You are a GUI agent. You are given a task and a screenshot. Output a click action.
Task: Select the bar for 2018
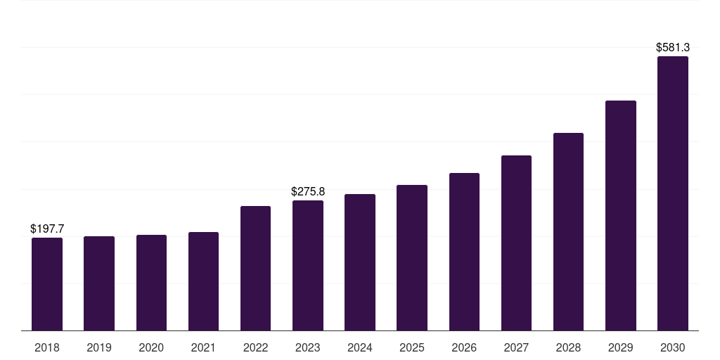pos(47,284)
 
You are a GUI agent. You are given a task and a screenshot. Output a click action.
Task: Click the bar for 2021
pos(203,281)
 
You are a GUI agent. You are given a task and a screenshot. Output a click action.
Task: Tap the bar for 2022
pos(255,268)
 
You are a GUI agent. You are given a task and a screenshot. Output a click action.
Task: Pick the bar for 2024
pos(360,262)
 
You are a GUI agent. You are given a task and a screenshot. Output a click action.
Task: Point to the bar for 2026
pos(464,252)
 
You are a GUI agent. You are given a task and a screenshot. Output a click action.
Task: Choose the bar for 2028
pos(568,232)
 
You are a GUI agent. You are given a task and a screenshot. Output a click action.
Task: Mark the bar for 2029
pos(621,215)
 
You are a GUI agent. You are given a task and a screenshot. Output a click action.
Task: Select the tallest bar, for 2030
pos(673,193)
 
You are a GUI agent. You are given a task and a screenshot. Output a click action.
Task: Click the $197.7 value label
pos(47,229)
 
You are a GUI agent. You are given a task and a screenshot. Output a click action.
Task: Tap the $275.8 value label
pos(308,191)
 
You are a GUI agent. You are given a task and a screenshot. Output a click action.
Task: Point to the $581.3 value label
pos(673,47)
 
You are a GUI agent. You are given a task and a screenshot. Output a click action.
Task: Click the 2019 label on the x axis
pos(99,348)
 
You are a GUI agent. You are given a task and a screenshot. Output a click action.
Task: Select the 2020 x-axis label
pos(151,348)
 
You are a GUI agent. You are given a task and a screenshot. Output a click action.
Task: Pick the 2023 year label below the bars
pos(308,348)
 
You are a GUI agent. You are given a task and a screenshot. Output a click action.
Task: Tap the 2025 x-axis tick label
pos(412,348)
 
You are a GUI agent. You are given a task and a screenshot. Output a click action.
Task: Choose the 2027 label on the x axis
pos(516,348)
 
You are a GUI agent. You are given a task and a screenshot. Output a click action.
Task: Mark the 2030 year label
pos(673,348)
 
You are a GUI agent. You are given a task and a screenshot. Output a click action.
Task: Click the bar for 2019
pos(99,283)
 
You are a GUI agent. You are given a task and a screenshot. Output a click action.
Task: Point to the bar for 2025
pos(412,257)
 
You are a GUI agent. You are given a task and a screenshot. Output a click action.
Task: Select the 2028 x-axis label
pos(568,348)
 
